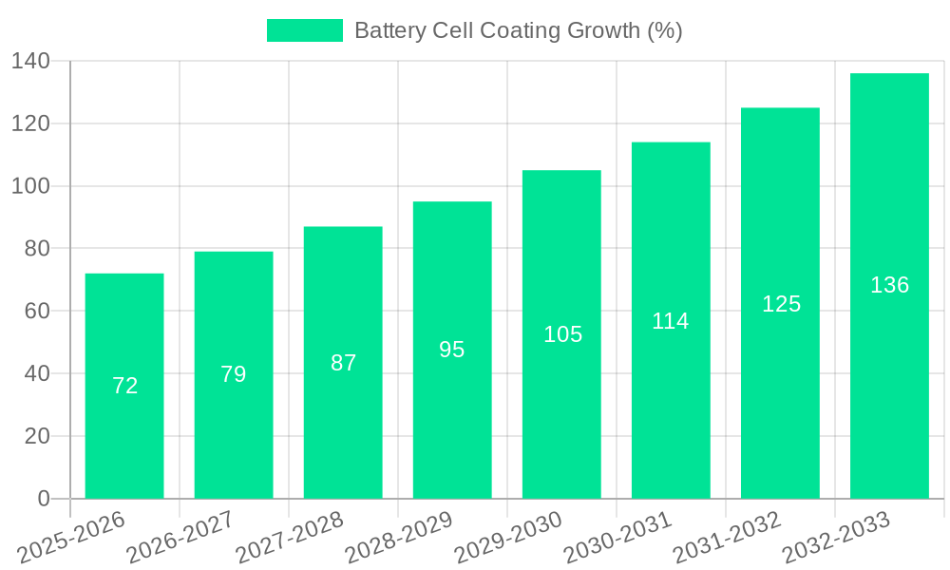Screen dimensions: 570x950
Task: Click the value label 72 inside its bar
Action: point(124,386)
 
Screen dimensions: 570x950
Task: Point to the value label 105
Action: point(562,334)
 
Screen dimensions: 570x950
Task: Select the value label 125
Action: point(781,304)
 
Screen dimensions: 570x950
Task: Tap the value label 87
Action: point(343,363)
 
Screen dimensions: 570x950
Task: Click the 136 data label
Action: point(889,285)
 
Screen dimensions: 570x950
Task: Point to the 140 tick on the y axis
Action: point(30,62)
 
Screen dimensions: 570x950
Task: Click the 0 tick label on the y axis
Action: point(43,499)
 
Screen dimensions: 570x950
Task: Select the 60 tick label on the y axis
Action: point(37,312)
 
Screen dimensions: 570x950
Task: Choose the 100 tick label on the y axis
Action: point(30,186)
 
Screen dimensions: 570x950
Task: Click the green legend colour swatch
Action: point(305,30)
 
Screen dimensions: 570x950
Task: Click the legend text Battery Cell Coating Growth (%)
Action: point(518,30)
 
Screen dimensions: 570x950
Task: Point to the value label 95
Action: point(452,350)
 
